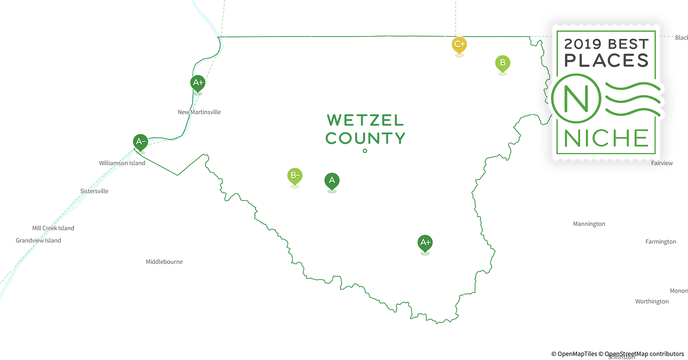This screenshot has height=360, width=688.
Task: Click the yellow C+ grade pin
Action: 459,45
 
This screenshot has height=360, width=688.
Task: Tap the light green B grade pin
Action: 502,63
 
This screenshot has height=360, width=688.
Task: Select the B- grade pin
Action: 295,176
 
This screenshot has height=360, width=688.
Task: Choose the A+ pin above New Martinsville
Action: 198,83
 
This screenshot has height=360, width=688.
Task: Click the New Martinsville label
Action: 199,112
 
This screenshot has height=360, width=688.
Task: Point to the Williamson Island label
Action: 122,163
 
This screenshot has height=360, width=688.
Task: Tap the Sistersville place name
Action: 94,191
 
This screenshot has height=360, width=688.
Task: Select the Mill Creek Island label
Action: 53,228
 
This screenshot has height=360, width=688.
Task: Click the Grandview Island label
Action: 38,240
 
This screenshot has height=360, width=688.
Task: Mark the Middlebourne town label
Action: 164,262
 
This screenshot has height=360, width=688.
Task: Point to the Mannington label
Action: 589,224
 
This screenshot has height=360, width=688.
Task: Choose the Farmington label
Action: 661,242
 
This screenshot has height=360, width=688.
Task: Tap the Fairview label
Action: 662,163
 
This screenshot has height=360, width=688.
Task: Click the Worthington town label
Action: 652,301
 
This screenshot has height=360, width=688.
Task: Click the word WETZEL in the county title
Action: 365,121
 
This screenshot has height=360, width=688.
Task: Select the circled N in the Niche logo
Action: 576,98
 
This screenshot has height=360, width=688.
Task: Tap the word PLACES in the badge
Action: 606,60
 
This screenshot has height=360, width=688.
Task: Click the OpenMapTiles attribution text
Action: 574,354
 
